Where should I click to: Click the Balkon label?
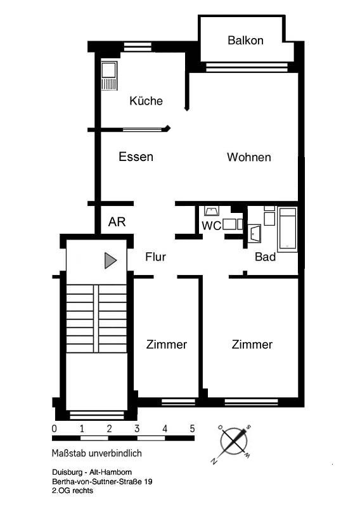click(x=245, y=41)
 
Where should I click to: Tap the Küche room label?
click(x=146, y=101)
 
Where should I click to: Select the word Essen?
click(x=136, y=157)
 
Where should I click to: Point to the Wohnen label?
click(x=248, y=157)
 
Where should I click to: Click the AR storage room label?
click(x=117, y=222)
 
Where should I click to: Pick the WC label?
click(x=211, y=226)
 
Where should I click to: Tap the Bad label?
click(x=265, y=257)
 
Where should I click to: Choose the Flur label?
click(x=155, y=257)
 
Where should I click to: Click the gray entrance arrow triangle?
click(x=110, y=260)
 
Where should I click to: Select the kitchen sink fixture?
click(x=109, y=75)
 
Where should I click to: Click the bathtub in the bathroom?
click(x=287, y=229)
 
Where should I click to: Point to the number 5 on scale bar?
click(x=192, y=429)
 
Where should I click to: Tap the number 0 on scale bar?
click(x=55, y=429)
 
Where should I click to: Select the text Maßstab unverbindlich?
click(x=97, y=453)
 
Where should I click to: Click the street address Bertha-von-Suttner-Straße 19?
click(x=102, y=482)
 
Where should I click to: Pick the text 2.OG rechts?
click(x=72, y=491)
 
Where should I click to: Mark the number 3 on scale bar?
click(x=137, y=429)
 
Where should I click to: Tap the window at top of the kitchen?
click(x=138, y=46)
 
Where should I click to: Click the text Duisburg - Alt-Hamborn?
click(x=92, y=472)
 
